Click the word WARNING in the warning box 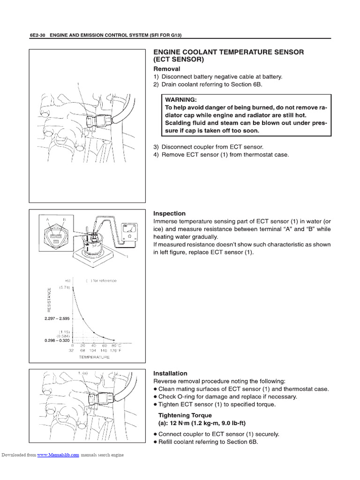[x=180, y=100]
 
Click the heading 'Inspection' [x=169, y=213]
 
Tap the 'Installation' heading [x=170, y=373]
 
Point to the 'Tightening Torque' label [x=185, y=415]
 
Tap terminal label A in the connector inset [x=47, y=219]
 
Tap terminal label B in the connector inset [x=65, y=219]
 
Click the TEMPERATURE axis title [x=94, y=357]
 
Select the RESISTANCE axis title [x=48, y=300]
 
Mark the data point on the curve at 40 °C [x=94, y=332]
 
